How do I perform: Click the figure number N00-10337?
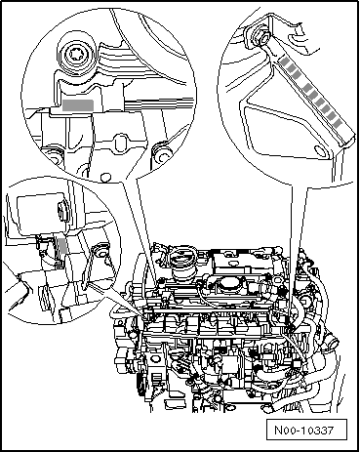tap(304, 431)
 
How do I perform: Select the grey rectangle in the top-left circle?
tap(78, 105)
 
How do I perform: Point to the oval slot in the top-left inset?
tap(119, 141)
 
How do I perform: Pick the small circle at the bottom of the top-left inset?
tap(104, 178)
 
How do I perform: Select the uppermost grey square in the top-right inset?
tap(285, 62)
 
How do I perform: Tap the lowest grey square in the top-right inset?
tap(338, 124)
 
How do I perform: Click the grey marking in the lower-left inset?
tap(63, 245)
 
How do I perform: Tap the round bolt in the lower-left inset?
tap(101, 250)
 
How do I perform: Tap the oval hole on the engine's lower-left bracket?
tap(155, 359)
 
